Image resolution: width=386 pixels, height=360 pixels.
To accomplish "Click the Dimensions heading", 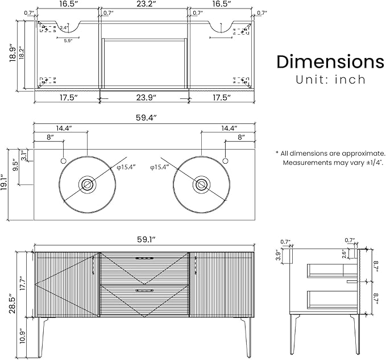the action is click(330, 61).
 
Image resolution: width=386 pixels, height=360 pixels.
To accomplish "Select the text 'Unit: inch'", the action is click(331, 80).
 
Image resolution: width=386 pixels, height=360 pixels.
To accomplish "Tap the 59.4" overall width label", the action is click(146, 118).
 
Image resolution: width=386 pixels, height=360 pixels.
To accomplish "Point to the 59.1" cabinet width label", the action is click(146, 239).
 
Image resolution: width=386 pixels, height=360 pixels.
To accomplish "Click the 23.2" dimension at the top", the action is click(146, 4).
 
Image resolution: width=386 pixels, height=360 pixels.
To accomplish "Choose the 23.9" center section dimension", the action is click(146, 97).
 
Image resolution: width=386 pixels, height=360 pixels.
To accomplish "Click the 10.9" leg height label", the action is click(22, 336).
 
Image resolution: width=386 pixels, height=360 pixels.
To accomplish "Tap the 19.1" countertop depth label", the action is click(3, 183).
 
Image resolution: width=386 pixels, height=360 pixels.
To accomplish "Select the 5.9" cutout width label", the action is click(68, 41).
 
